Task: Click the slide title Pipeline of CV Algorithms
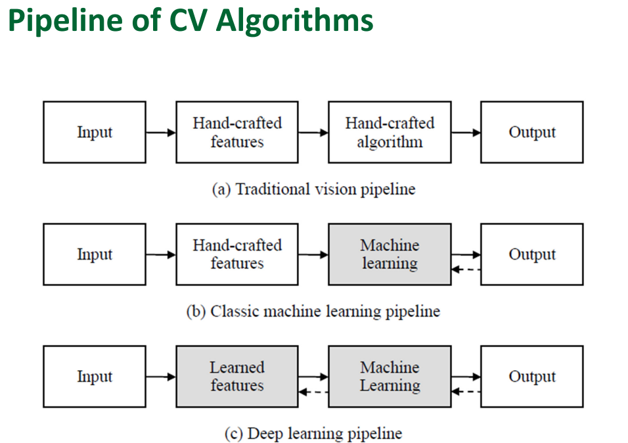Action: click(191, 21)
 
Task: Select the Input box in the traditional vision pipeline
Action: click(95, 132)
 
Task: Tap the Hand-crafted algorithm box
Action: click(390, 132)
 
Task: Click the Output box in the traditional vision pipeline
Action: click(531, 132)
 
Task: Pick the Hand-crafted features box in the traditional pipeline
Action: click(236, 132)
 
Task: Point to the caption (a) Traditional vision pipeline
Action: click(313, 189)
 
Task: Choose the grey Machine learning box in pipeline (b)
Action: click(390, 254)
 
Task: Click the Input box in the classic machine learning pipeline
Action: click(95, 254)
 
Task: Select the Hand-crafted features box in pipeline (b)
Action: click(236, 254)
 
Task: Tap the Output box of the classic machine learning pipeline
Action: click(531, 254)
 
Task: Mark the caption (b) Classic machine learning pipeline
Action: click(313, 312)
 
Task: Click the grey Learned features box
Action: click(236, 377)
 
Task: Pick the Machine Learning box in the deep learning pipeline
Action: click(390, 377)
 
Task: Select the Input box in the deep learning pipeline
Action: click(95, 377)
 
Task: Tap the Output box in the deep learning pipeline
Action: click(531, 377)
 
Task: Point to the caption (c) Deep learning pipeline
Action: click(313, 434)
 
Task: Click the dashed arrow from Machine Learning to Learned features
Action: click(313, 392)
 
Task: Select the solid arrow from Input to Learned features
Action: click(160, 377)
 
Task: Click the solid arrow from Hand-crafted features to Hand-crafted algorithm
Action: click(313, 133)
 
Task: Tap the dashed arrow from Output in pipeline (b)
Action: click(466, 269)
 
